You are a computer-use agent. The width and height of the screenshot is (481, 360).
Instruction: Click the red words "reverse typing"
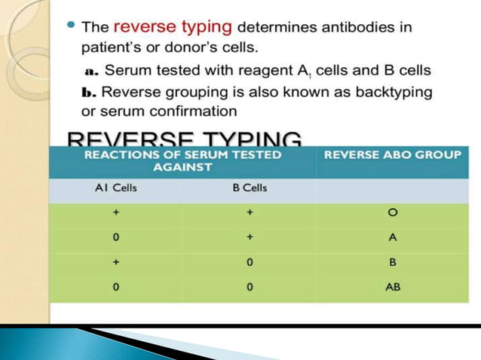(172, 26)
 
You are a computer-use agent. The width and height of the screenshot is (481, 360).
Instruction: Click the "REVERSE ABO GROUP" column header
(391, 155)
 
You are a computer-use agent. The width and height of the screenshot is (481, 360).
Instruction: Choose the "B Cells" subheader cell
(249, 189)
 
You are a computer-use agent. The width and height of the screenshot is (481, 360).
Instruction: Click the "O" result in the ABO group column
(392, 213)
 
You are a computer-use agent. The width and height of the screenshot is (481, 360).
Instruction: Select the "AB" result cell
(392, 287)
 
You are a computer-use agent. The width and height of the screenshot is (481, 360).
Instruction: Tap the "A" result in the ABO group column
(392, 237)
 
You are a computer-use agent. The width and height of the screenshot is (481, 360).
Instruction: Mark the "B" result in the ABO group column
(392, 263)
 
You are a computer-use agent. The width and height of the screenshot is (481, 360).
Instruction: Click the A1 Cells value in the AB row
(115, 287)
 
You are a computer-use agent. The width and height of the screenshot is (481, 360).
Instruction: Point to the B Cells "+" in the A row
(249, 237)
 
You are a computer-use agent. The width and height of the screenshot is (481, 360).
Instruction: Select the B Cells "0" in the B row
(249, 263)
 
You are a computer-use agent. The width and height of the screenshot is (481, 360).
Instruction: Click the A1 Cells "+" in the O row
(115, 213)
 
